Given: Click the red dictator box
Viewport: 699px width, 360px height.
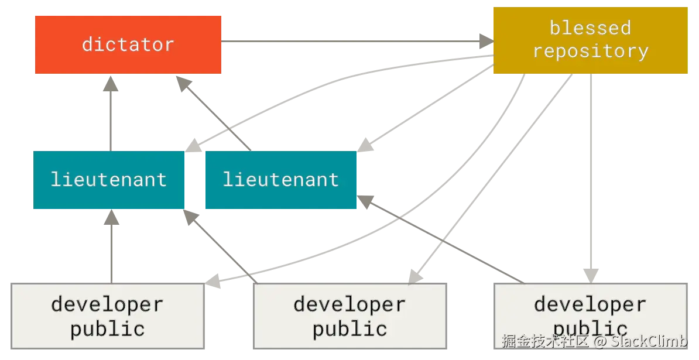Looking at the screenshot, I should (128, 44).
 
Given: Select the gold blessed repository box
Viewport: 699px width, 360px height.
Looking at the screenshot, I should (590, 40).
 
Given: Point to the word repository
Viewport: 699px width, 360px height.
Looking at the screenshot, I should (590, 52).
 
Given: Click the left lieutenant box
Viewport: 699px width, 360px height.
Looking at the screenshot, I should (109, 180).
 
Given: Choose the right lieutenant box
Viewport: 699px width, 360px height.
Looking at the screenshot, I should (280, 180).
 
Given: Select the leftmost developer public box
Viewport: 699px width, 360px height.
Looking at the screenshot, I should (108, 316).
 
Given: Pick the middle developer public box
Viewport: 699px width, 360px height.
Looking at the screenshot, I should (350, 316).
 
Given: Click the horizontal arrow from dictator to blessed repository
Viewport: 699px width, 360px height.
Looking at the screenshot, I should (351, 40).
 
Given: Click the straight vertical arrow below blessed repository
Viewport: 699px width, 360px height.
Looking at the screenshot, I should (592, 176).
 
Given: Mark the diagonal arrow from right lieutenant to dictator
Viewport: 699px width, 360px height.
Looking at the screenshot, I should (217, 114).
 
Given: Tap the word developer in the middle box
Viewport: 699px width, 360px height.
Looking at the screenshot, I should (349, 304).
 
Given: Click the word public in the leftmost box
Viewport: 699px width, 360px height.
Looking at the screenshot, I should (108, 328).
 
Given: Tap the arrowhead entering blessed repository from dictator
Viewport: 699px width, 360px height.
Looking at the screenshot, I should (485, 40).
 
